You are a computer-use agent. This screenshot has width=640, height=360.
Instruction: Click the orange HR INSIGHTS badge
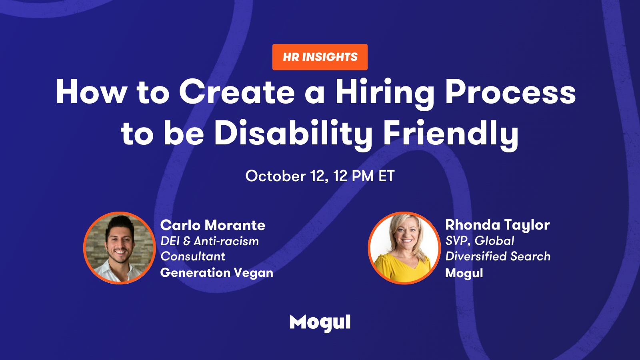(320, 57)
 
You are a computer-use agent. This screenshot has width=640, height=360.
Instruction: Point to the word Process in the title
(510, 92)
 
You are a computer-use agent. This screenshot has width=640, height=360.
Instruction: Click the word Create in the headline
(237, 92)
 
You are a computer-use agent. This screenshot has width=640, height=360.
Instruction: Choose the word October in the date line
(276, 176)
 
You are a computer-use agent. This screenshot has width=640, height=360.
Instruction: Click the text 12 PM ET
(364, 176)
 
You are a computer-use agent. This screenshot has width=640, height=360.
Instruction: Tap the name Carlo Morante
(213, 225)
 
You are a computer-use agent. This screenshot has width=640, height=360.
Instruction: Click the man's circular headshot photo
(120, 248)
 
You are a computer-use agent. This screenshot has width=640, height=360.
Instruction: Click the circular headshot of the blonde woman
(404, 248)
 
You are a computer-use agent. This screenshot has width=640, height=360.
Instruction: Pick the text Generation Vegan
(217, 273)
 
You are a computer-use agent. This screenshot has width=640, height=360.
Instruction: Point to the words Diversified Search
(498, 256)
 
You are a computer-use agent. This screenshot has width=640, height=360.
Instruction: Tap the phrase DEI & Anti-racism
(210, 241)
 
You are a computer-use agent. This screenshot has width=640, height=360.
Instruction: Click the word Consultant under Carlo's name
(193, 256)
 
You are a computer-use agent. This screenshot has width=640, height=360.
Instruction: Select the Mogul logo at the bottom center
(320, 323)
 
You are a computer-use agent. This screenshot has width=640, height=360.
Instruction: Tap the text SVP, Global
(480, 240)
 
